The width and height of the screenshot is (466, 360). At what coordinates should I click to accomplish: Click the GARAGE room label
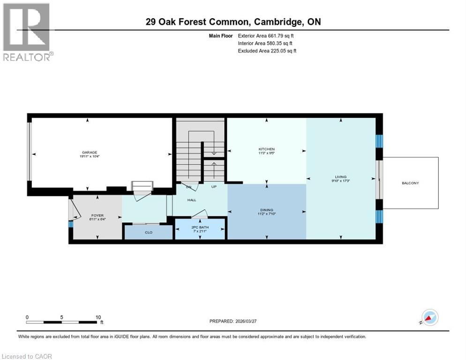[x=90, y=152]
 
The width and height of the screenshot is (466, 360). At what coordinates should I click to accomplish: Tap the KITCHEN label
[x=266, y=149]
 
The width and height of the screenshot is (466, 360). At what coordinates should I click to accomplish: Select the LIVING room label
[x=341, y=177]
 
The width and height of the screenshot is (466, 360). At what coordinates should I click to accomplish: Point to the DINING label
[x=266, y=210]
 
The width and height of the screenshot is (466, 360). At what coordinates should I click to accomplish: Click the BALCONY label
[x=410, y=183]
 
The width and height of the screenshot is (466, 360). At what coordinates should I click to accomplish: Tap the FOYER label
[x=97, y=216]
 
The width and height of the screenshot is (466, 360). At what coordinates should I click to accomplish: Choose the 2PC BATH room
[x=200, y=227]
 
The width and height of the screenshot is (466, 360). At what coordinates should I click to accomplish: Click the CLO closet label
[x=148, y=232]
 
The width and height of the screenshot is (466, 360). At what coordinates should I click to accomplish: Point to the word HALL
[x=192, y=200]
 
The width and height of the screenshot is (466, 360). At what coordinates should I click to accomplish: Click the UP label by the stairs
[x=214, y=187]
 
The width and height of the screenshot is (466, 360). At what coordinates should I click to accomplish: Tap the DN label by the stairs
[x=189, y=187]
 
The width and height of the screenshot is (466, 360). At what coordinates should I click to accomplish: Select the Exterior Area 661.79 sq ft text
[x=266, y=36]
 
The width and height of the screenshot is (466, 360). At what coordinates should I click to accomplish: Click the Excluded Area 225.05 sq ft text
[x=267, y=51]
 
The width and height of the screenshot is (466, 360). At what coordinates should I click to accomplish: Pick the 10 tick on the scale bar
[x=98, y=317]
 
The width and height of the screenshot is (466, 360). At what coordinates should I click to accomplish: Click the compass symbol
[x=429, y=317]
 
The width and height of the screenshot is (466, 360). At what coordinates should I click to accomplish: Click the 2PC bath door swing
[x=199, y=214]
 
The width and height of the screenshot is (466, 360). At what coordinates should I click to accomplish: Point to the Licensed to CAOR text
[x=26, y=356]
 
